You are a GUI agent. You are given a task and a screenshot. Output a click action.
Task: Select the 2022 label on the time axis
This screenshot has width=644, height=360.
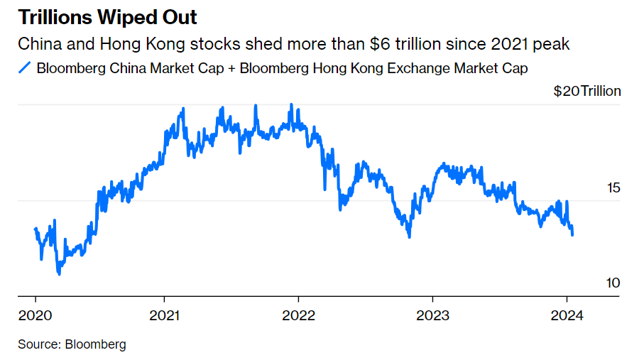pos(298,315)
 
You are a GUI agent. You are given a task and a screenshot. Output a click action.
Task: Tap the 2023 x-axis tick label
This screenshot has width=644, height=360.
pos(432,315)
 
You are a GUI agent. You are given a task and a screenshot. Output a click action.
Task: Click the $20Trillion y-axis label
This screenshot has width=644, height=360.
pos(586,91)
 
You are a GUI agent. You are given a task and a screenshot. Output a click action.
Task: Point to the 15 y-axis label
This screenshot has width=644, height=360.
pos(613,188)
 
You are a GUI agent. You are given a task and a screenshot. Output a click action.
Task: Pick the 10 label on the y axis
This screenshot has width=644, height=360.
pos(613,283)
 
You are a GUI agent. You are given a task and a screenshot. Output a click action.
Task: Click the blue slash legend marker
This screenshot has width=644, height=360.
pos(25,68)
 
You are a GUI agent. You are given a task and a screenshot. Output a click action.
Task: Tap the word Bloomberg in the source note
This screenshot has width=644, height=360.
pos(95,344)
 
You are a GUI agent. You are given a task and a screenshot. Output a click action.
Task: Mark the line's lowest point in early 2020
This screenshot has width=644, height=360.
pos(59,273)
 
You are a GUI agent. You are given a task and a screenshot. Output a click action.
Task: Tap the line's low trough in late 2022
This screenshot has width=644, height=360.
pos(409,236)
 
